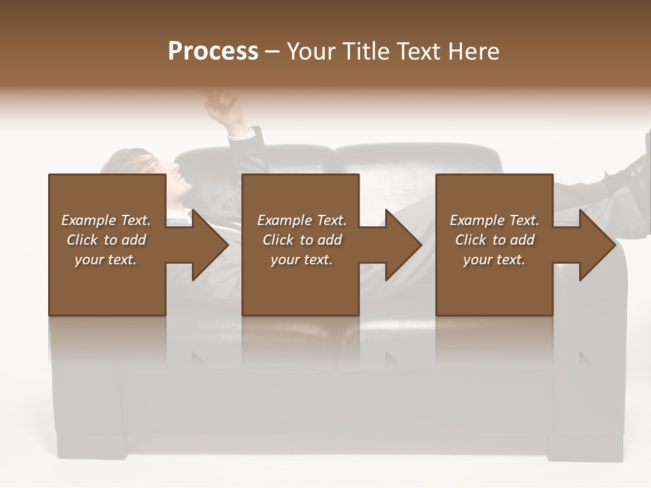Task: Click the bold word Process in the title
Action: [x=213, y=52]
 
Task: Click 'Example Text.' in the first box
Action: [x=106, y=220]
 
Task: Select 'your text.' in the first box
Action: [x=106, y=260]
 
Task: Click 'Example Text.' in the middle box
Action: [x=302, y=220]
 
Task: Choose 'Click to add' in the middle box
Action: [x=302, y=240]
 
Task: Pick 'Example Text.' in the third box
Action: [x=494, y=220]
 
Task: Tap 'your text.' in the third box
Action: [x=494, y=260]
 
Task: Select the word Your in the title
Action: [x=309, y=52]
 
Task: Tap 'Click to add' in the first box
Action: [x=106, y=240]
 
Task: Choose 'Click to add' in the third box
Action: [x=494, y=240]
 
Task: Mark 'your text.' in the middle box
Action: [x=302, y=260]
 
